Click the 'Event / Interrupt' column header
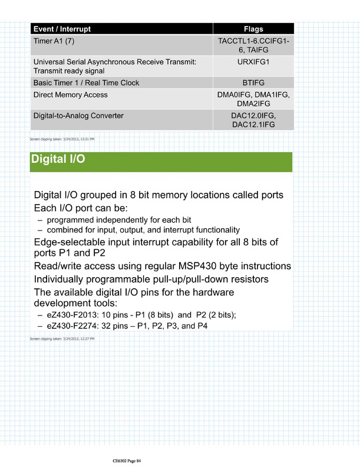pos(62,29)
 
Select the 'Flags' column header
pos(253,29)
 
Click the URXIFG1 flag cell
pos(253,61)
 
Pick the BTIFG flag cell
pos(253,83)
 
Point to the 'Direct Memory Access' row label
pos(71,94)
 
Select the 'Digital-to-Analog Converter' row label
pos(78,116)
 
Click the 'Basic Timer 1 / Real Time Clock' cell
pos(87,83)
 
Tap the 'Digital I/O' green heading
pos(57,160)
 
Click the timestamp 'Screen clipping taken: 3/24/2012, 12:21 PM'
pos(62,139)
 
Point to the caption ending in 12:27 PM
pos(62,339)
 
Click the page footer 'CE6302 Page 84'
pos(127,461)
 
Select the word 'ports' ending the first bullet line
pos(270,195)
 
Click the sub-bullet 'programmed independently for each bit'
pos(114,220)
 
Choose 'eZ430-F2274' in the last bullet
pos(69,326)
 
